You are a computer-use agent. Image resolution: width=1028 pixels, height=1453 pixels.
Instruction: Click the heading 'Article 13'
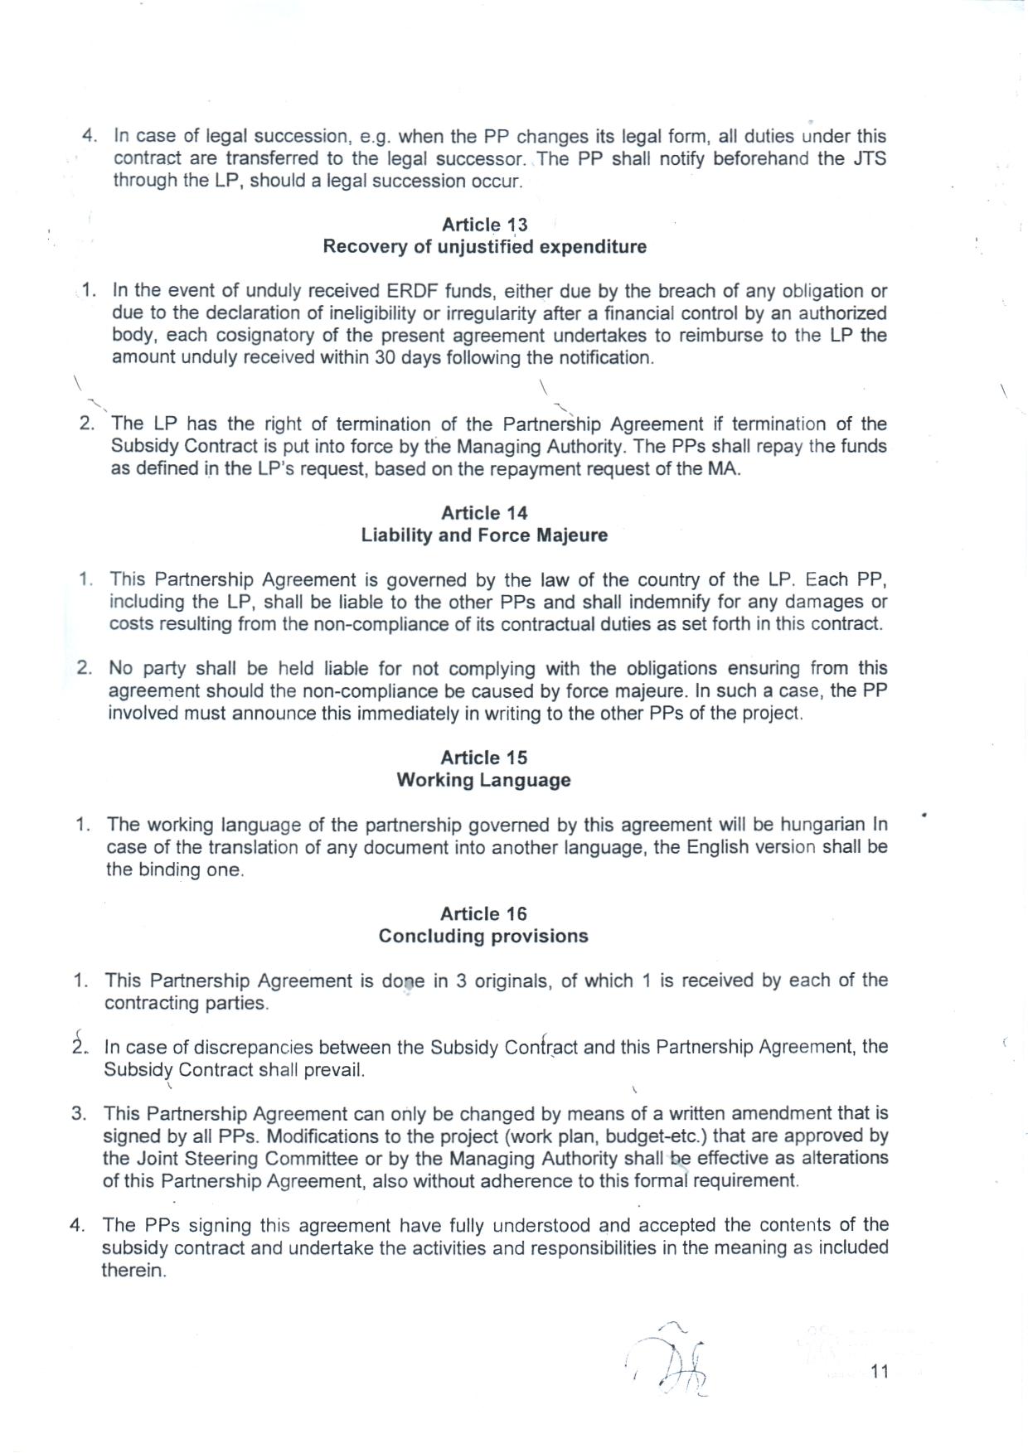coord(484,225)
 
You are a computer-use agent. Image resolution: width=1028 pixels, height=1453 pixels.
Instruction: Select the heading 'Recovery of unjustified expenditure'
coord(484,247)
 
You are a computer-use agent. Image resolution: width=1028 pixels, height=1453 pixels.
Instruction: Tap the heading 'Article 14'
coord(484,513)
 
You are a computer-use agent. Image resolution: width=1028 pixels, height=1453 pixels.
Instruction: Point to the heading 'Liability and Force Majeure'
coord(484,535)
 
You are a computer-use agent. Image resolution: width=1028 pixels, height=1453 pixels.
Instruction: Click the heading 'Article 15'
coord(483,758)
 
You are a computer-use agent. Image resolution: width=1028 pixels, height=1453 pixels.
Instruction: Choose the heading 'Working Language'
coord(483,780)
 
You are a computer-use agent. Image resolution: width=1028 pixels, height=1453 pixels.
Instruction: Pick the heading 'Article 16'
coord(483,913)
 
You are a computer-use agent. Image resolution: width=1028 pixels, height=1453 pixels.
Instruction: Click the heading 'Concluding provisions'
coord(483,936)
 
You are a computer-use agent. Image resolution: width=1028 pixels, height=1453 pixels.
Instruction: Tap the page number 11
coord(880,1372)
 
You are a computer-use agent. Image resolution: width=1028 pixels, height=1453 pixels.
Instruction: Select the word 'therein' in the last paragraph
coord(133,1271)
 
